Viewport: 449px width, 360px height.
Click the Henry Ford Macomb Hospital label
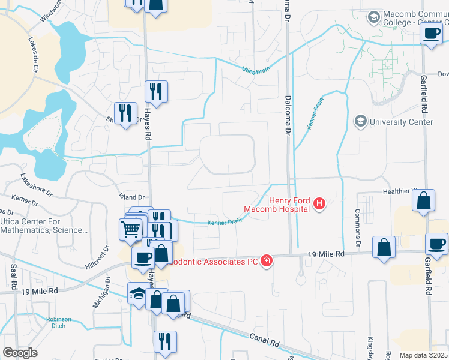(x=277, y=205)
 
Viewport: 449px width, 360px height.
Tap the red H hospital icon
(x=319, y=205)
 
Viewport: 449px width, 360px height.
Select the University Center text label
(x=401, y=122)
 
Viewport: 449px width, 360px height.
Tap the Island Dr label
(x=133, y=197)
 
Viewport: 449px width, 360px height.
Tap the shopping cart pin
(x=131, y=229)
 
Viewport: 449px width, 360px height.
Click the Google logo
(x=20, y=353)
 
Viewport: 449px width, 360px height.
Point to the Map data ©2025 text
(x=423, y=355)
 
